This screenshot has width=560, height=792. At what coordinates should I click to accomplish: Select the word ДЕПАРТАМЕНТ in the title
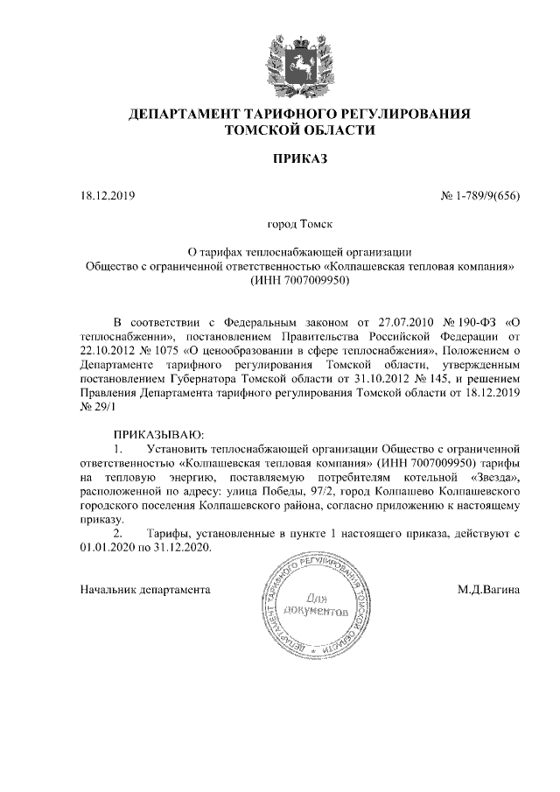(181, 115)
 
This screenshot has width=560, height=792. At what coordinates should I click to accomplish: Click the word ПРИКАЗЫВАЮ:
(158, 433)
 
